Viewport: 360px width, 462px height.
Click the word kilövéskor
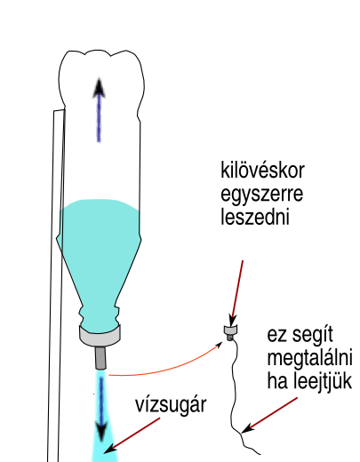click(262, 170)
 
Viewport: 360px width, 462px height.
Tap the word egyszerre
click(262, 194)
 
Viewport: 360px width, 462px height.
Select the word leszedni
click(255, 217)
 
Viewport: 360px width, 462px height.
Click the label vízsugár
click(171, 405)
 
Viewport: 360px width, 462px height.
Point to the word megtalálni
click(309, 358)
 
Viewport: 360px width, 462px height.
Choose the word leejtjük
click(323, 380)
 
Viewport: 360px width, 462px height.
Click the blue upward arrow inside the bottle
click(99, 110)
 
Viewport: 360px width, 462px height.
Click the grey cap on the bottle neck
click(100, 336)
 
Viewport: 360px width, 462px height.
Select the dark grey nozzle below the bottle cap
click(100, 358)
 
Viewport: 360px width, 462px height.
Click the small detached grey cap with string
click(231, 332)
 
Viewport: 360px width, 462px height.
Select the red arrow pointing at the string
click(269, 415)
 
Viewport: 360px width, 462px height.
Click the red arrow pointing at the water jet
click(132, 435)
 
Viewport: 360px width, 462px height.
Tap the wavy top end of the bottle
click(100, 53)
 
